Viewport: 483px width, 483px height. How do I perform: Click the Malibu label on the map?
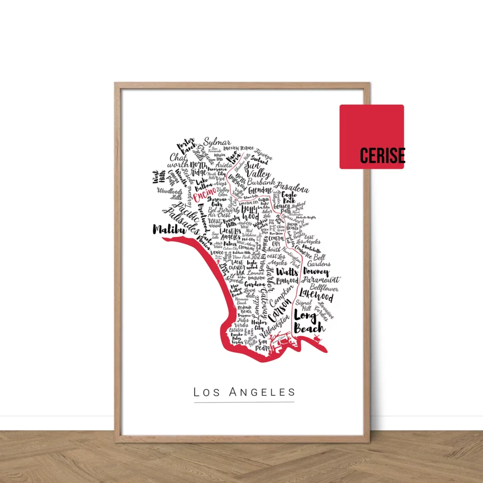pyautogui.click(x=167, y=230)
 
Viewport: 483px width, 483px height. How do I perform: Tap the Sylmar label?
pyautogui.click(x=217, y=142)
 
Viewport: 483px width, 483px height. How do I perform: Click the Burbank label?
pyautogui.click(x=260, y=182)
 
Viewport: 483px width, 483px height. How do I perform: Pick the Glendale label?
pyautogui.click(x=260, y=190)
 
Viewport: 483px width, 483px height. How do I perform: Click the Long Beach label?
pyautogui.click(x=309, y=321)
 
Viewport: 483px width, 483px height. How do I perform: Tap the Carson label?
pyautogui.click(x=280, y=309)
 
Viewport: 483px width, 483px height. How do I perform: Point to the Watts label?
pyautogui.click(x=287, y=272)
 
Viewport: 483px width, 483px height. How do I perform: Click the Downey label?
pyautogui.click(x=316, y=272)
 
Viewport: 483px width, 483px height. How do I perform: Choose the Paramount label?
pyautogui.click(x=321, y=280)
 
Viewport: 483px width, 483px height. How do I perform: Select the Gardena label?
pyautogui.click(x=255, y=284)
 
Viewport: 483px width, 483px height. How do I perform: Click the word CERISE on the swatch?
pyautogui.click(x=382, y=155)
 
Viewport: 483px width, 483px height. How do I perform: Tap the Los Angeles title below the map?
pyautogui.click(x=244, y=392)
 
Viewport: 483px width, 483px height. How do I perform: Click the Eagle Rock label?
pyautogui.click(x=289, y=197)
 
